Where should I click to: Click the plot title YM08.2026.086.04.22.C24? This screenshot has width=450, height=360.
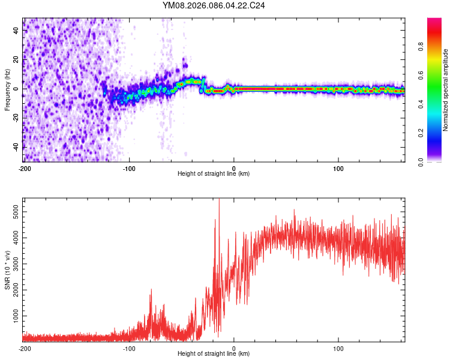[214, 5]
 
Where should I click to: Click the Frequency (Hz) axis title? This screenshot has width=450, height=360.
[7, 89]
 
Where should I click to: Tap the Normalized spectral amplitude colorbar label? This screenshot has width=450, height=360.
[445, 90]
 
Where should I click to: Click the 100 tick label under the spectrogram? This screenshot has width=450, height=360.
[338, 168]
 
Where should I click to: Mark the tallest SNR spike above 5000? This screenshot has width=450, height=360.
[219, 201]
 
